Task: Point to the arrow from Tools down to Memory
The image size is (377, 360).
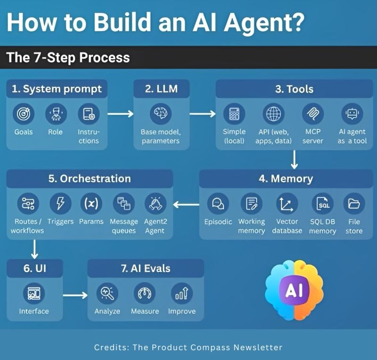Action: coord(295,159)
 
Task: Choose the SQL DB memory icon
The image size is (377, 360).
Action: coord(323,204)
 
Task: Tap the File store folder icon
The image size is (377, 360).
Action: coord(354,204)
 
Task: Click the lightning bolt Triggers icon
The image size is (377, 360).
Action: coord(60,204)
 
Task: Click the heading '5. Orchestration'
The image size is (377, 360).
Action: coord(90,179)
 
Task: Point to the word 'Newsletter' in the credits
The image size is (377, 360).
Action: coord(259,347)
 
